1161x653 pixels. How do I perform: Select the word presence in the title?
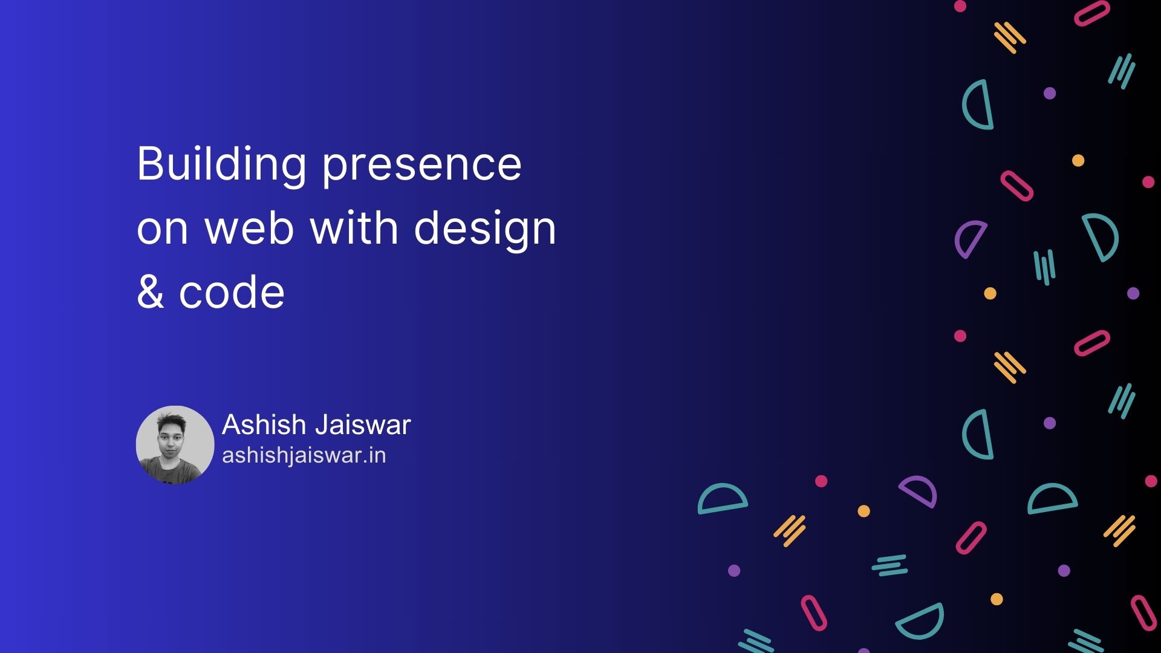point(421,164)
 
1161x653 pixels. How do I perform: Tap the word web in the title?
point(250,228)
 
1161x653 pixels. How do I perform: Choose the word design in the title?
point(485,229)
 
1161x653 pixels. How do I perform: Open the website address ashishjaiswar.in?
point(304,455)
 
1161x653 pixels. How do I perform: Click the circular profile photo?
point(175,444)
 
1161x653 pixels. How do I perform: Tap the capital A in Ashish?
point(232,424)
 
